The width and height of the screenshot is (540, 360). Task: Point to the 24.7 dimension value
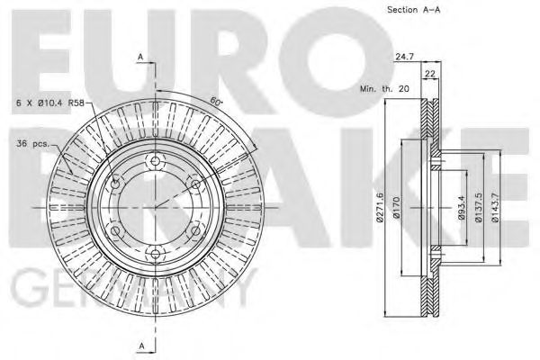coord(404,57)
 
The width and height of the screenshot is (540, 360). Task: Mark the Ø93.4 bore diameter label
coord(459,209)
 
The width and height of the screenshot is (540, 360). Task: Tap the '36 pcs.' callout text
coord(32,143)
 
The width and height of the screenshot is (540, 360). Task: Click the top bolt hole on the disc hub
coord(154,163)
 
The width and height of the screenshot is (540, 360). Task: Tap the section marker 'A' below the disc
coord(141,346)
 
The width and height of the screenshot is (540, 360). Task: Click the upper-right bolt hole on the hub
coord(193,184)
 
